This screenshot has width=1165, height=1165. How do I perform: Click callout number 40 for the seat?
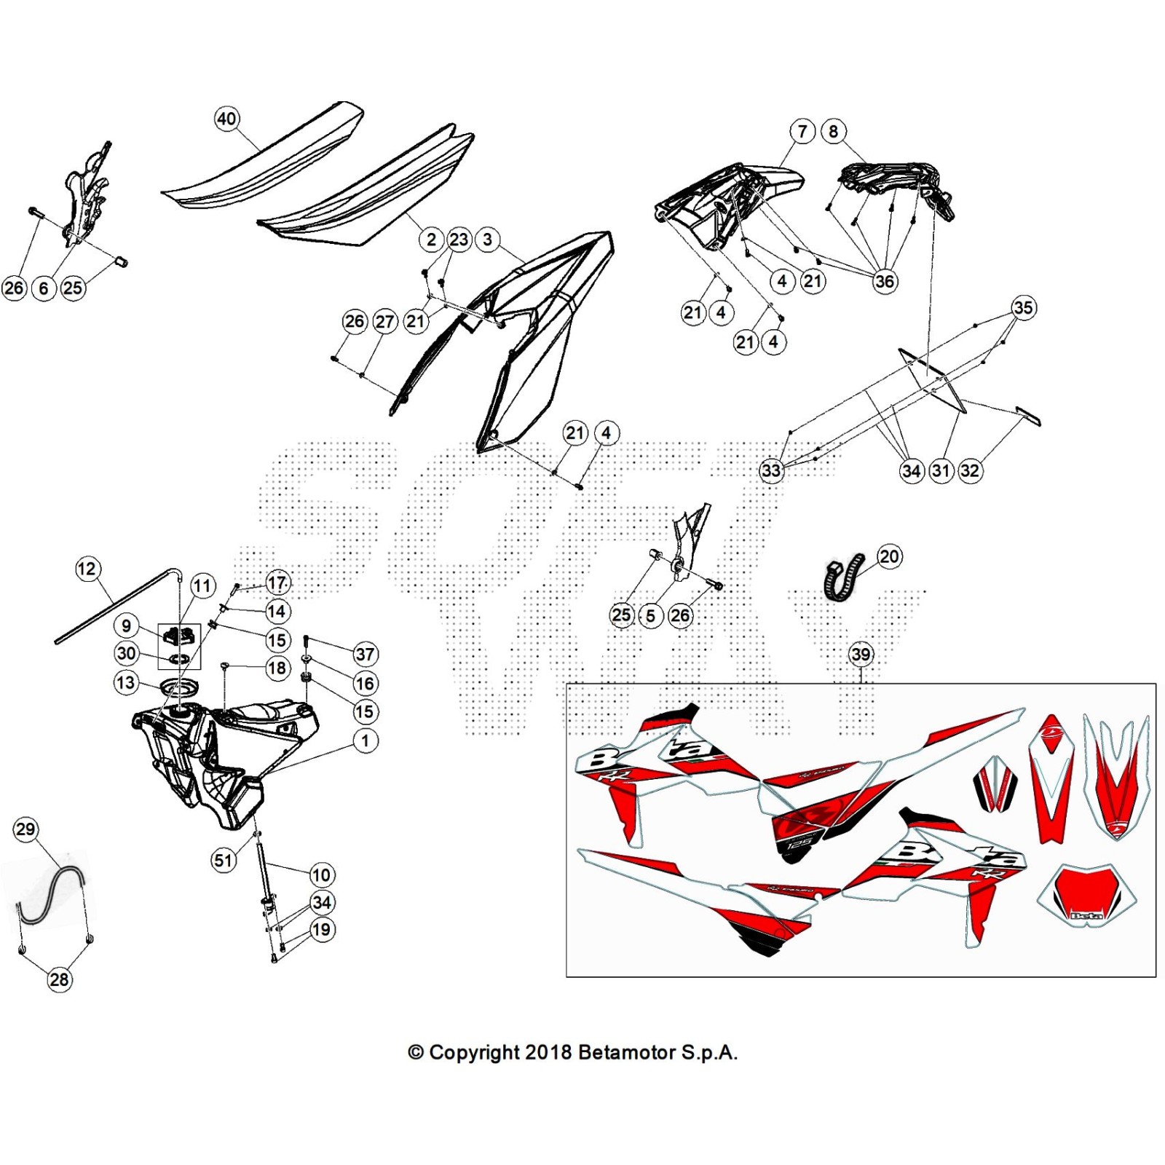point(226,119)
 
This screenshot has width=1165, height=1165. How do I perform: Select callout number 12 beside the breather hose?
point(87,569)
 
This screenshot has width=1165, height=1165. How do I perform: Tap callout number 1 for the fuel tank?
point(366,741)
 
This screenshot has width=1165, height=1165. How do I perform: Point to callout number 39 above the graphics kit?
point(861,654)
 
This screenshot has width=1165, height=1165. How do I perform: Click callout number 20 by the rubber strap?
point(889,557)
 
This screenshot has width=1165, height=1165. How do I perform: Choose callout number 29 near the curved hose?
point(25,829)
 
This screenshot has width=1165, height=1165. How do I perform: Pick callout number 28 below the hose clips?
point(60,979)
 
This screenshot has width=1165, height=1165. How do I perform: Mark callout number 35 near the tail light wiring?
point(1023,307)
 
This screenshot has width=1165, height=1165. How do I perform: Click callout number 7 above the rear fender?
point(802,132)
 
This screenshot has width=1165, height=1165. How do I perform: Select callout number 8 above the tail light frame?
point(834,132)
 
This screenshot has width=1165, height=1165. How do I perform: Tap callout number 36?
point(885,281)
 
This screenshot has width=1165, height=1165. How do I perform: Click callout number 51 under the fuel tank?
point(224,860)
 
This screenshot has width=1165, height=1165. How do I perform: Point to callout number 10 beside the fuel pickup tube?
point(321,874)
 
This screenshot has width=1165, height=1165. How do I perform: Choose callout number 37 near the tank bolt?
point(365,654)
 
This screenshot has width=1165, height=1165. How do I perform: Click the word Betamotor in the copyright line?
point(627,1053)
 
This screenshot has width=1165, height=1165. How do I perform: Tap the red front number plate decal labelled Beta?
point(1086,896)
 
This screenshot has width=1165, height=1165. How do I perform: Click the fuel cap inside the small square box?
point(179,636)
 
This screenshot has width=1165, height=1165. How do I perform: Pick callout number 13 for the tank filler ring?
point(126,682)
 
